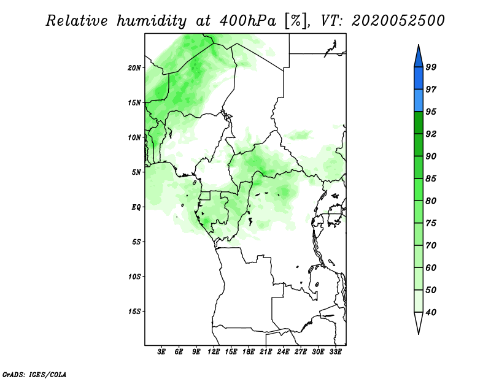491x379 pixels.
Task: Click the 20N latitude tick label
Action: (134, 67)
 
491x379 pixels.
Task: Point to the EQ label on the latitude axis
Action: (136, 207)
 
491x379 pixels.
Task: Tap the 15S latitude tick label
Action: (134, 312)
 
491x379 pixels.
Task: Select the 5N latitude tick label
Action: (136, 172)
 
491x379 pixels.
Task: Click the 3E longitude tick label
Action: (161, 352)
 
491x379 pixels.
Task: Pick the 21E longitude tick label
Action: (266, 352)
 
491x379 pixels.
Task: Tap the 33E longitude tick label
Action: (335, 352)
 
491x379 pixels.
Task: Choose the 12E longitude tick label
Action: (214, 352)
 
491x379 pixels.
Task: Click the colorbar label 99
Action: (431, 67)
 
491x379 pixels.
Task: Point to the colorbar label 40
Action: (431, 312)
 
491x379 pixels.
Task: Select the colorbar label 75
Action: (431, 223)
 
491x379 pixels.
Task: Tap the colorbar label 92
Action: (431, 134)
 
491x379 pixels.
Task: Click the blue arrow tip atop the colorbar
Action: (419, 45)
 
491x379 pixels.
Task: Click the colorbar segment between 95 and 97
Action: (419, 101)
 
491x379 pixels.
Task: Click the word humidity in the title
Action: (152, 21)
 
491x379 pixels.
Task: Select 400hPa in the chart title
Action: (248, 21)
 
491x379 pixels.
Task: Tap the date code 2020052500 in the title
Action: (398, 21)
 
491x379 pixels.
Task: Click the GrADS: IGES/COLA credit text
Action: (34, 374)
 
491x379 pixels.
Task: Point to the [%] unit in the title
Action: (296, 21)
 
